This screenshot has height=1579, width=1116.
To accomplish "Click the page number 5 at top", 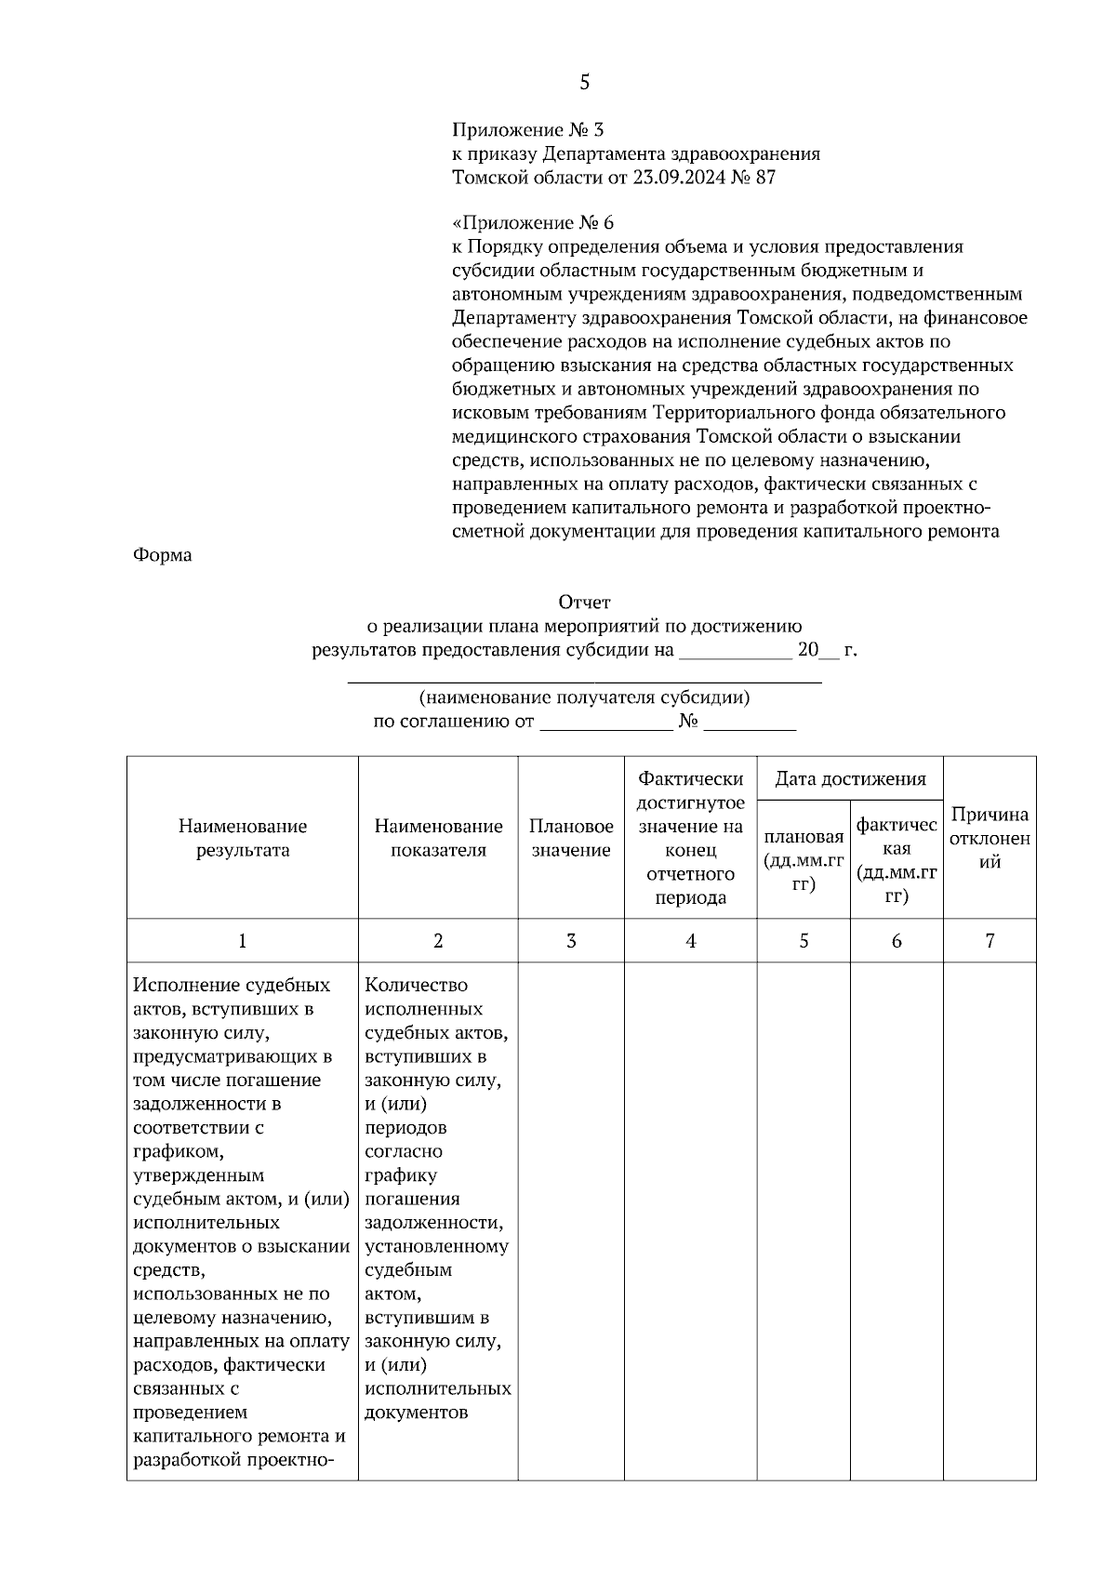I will [584, 83].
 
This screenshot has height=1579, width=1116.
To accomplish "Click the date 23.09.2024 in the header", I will [677, 178].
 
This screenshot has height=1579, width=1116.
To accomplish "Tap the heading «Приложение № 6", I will [533, 223].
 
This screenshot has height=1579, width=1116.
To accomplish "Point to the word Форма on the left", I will [163, 555].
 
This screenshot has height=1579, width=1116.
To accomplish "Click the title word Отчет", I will [584, 603].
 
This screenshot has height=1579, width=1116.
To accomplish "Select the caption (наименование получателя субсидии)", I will [584, 697].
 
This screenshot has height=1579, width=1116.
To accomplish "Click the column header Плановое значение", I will [571, 838].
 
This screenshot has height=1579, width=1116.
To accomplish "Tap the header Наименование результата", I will [243, 838].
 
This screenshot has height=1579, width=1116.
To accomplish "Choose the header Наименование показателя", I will [438, 838].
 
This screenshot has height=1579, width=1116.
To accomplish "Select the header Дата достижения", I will [850, 779].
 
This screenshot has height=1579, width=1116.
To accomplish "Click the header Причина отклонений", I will [990, 838].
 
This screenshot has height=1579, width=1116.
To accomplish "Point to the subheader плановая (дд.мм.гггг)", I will [804, 860].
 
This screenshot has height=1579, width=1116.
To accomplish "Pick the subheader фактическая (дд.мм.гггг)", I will [897, 860].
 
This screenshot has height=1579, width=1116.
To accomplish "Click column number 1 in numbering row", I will [243, 941].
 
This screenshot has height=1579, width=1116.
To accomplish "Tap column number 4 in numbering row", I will [690, 941].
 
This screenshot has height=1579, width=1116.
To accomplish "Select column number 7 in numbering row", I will [990, 941].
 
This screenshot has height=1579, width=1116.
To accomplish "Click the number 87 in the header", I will [765, 178].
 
